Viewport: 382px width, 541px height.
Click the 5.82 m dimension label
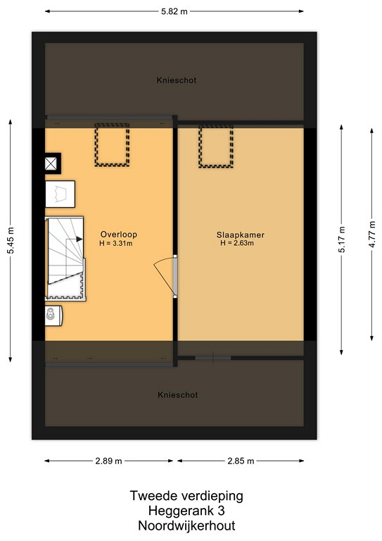[174, 11]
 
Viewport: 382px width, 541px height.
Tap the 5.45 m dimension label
[11, 240]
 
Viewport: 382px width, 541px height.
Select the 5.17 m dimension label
[342, 240]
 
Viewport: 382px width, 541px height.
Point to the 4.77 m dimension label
[372, 235]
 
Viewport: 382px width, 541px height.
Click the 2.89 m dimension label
[108, 461]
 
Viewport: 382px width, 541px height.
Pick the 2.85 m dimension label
[241, 461]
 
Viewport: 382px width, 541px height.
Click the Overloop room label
[119, 235]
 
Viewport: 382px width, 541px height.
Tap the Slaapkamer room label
[241, 235]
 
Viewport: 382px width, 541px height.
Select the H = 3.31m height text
[116, 244]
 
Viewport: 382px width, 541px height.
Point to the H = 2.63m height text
[237, 243]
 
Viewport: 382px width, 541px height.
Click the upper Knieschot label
[177, 80]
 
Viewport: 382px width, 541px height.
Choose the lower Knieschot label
[178, 395]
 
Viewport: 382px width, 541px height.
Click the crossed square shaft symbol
[51, 163]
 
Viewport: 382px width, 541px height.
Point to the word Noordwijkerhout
[186, 526]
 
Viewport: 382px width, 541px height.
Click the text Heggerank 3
[186, 510]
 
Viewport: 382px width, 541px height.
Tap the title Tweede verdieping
[186, 496]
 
